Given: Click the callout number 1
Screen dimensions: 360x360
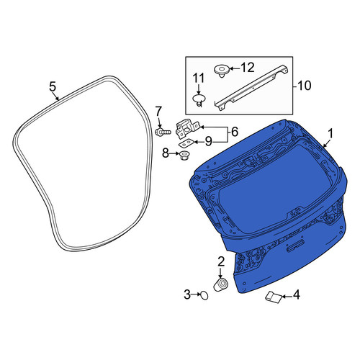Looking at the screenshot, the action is (330, 134).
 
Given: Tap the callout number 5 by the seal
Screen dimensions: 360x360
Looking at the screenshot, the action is (53, 86).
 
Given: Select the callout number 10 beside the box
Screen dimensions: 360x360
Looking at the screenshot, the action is (305, 86).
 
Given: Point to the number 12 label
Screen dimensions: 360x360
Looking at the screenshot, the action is (248, 68).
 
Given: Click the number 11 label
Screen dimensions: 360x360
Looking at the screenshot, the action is (199, 78).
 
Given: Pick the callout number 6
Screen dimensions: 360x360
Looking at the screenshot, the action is (234, 132).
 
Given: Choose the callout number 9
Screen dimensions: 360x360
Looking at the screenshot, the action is (209, 141).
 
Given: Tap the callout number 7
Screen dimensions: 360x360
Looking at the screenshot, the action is (159, 112).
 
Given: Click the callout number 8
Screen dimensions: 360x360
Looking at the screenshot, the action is (166, 153).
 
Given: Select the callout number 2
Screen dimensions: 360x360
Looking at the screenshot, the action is (221, 261).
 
